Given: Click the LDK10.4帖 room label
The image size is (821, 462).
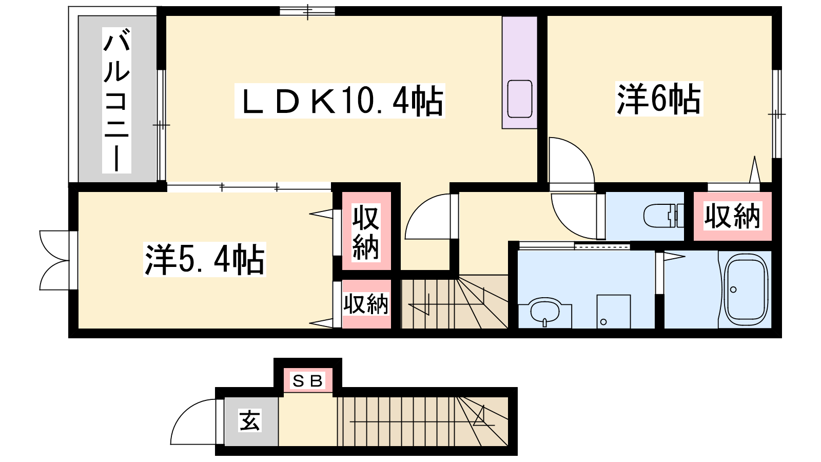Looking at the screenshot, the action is pos(340,101).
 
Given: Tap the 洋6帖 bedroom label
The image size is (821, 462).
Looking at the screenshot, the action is pos(659,99).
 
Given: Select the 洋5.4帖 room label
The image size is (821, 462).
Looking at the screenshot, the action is pos(205,259).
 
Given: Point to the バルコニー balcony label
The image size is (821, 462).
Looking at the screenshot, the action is pos(116,100).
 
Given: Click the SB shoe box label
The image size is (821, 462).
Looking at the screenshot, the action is pos(308,381).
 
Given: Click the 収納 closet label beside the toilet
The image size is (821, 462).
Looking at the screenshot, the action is pos(732,216).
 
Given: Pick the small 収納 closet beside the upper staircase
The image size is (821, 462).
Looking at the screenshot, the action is pos(366,304).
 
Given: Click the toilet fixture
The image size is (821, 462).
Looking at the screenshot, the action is pos(664,216).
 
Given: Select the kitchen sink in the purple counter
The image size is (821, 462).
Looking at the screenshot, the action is pos(520,99).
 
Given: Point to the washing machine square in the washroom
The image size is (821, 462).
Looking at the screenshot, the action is pos(614,312).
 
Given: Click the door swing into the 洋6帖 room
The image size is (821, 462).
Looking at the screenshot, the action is pos(572,164).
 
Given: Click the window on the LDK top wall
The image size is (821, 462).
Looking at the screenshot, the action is pos(307,11).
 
